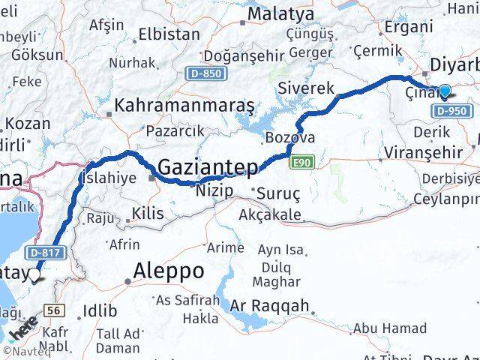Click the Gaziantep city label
click(x=208, y=166)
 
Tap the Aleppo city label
click(x=168, y=270)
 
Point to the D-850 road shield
click(x=204, y=73)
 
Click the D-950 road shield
click(x=451, y=111)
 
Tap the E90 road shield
click(x=303, y=160)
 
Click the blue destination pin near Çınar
click(x=445, y=91)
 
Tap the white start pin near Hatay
click(x=34, y=276)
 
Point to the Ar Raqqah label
click(x=269, y=305)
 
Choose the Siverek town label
click(x=306, y=88)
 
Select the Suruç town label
click(x=278, y=193)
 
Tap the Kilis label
click(x=147, y=214)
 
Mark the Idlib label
click(x=99, y=310)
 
